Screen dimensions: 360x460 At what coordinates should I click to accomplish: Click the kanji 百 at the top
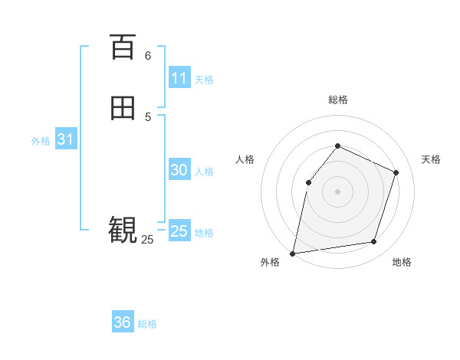[x=123, y=47]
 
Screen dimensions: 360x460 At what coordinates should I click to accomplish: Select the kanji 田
[x=123, y=108]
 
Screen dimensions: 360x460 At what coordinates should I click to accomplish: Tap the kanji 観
[x=123, y=229]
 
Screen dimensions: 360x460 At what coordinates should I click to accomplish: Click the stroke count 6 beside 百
[x=148, y=55]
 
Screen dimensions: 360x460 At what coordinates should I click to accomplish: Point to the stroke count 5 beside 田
[x=148, y=116]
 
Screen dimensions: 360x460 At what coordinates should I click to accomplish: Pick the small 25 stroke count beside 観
[x=147, y=240]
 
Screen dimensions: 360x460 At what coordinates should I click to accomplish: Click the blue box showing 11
[x=179, y=78]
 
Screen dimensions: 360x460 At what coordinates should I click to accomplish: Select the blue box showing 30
[x=179, y=170]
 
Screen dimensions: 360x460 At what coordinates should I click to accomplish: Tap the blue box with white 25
[x=179, y=231]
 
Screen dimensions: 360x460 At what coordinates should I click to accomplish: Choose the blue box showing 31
[x=65, y=139]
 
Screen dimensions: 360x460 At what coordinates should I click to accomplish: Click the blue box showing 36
[x=123, y=322]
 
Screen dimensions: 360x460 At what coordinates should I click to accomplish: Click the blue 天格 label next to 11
[x=204, y=80]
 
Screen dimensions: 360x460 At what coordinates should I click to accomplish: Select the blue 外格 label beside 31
[x=41, y=141]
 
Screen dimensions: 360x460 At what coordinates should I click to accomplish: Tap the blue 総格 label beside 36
[x=147, y=324]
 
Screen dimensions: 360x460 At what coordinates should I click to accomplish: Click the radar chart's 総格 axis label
[x=337, y=100]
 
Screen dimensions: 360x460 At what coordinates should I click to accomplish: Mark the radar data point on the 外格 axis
[x=293, y=253]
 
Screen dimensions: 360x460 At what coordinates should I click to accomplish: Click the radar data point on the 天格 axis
[x=396, y=172]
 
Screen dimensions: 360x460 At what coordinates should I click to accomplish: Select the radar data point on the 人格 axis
[x=308, y=182]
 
